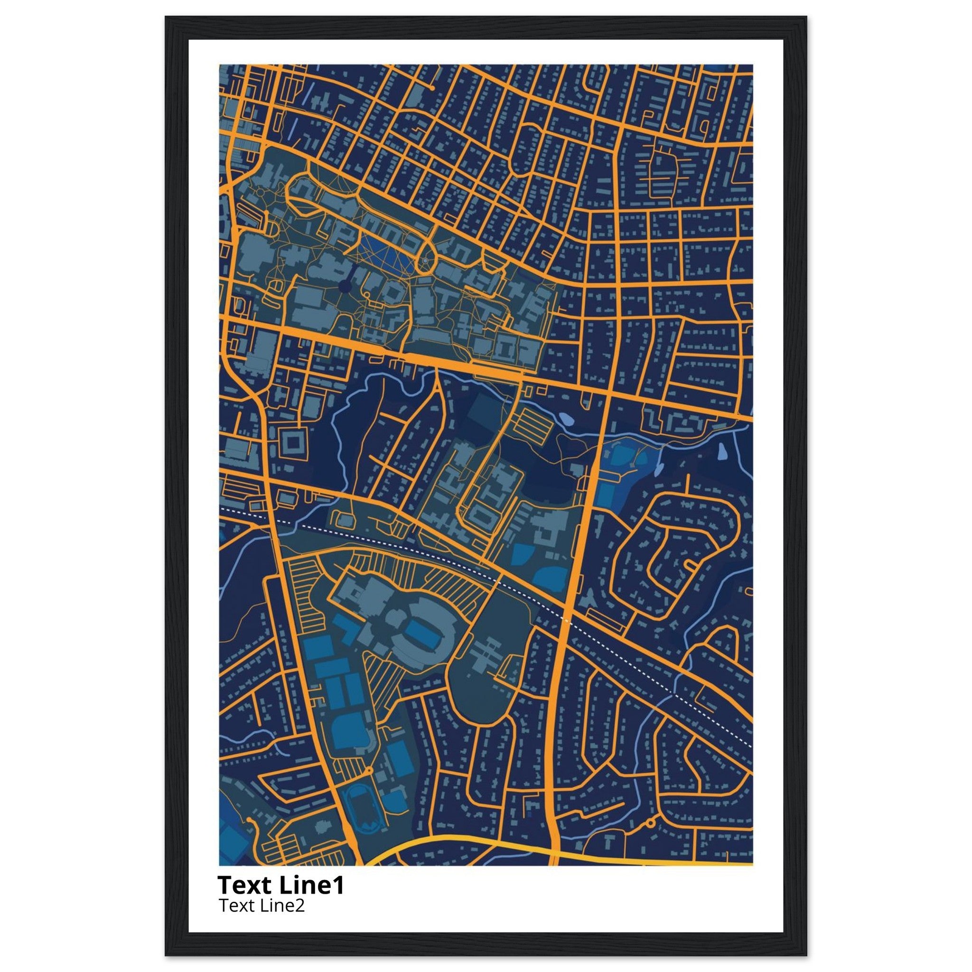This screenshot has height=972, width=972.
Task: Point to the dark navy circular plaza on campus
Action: pyautogui.click(x=345, y=287)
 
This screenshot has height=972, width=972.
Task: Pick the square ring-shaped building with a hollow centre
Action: pyautogui.click(x=293, y=442)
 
